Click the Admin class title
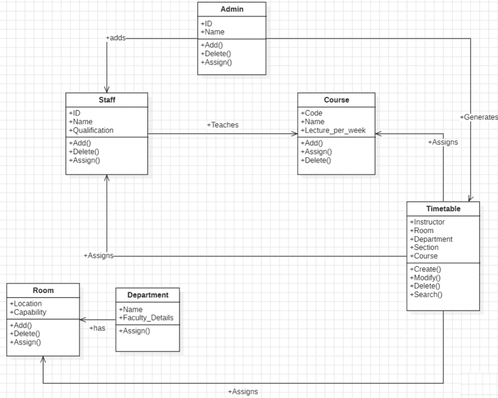(x=232, y=9)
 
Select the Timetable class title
(x=443, y=209)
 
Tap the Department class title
(x=148, y=295)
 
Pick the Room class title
(x=43, y=291)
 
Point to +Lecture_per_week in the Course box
(x=333, y=130)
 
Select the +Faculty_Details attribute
(x=146, y=318)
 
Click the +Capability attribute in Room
(x=28, y=312)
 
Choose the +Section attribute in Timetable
(x=424, y=247)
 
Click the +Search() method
(x=426, y=294)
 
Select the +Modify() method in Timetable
(x=425, y=278)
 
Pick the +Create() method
(x=425, y=269)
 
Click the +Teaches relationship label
(x=222, y=125)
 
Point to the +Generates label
(x=478, y=118)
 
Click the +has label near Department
(x=97, y=328)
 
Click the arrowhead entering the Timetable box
(x=470, y=198)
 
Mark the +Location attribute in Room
(x=26, y=304)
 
